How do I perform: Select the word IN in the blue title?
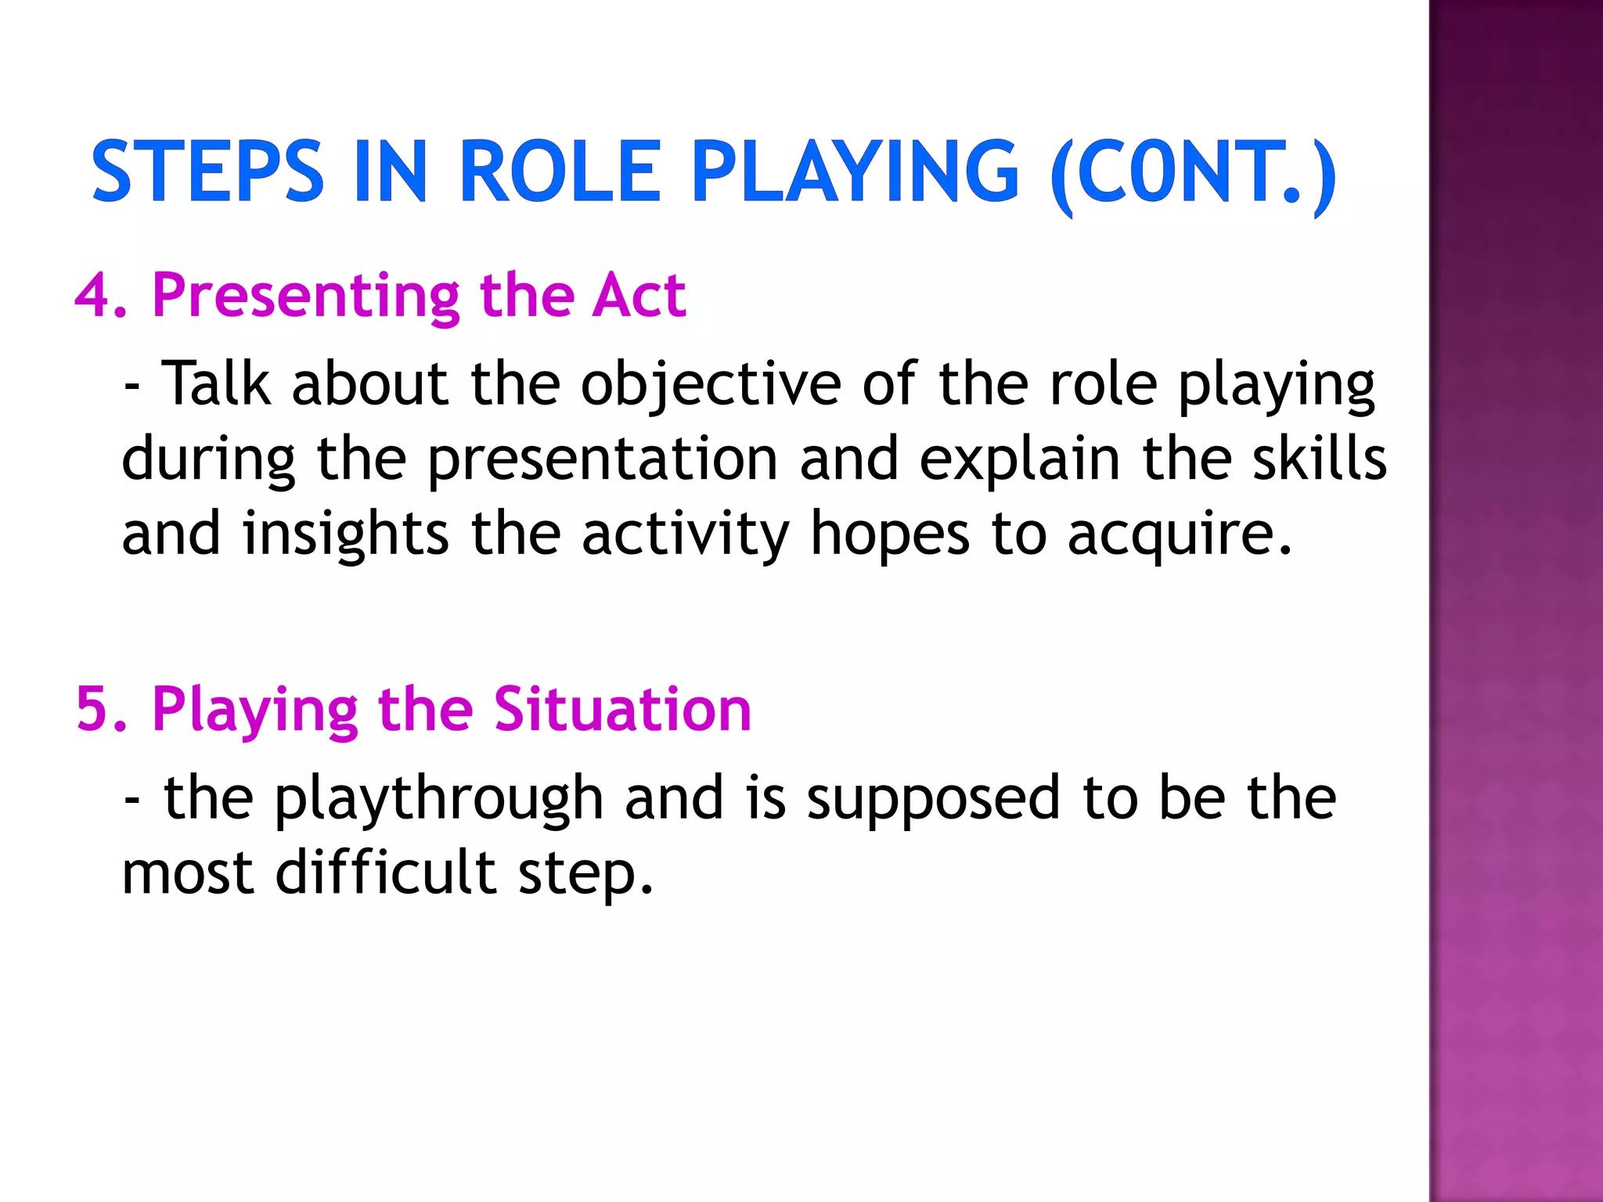391,171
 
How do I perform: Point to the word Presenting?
306,297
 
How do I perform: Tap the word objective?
711,385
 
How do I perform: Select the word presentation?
603,460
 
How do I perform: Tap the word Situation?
622,710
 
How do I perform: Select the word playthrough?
438,799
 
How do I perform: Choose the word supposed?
933,799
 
